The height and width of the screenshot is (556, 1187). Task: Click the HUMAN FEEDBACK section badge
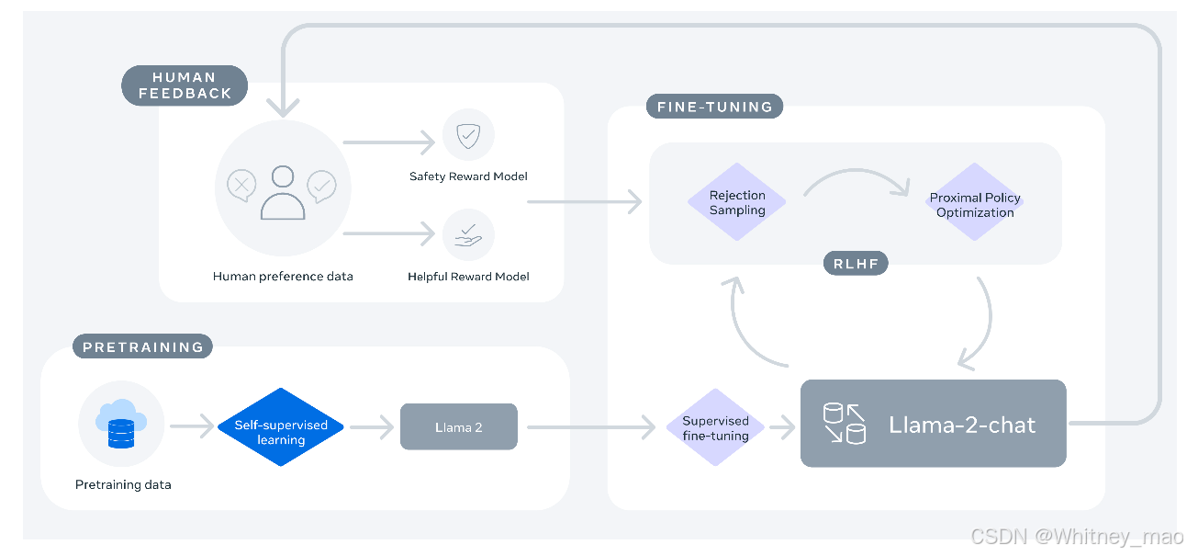coord(185,85)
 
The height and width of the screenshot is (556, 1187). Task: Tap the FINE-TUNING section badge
coord(715,107)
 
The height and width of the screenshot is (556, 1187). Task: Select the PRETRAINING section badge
coord(142,346)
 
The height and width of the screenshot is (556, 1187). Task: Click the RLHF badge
coord(856,263)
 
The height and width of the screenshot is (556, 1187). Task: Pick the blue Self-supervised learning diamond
coord(281,427)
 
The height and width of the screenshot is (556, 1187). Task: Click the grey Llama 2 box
coord(459,426)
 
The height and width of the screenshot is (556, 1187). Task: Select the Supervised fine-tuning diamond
coord(715,427)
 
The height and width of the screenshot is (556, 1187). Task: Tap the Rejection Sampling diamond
coord(737,202)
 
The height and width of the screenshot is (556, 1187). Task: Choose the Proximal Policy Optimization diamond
coord(975,202)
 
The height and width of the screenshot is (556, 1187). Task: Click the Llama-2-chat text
coord(962,425)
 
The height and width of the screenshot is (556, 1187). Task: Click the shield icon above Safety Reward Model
coord(468,136)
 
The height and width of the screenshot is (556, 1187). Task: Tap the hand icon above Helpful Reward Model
coord(468,235)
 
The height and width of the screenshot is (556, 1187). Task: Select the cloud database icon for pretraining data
coord(121,424)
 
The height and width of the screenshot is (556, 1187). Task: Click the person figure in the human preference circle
coord(283,193)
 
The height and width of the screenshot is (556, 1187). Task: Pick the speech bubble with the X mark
coord(241,186)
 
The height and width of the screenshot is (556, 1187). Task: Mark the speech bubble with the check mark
coord(321,187)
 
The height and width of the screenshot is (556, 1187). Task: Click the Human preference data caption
coord(283,277)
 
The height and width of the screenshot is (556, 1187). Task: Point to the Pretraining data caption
coord(123,484)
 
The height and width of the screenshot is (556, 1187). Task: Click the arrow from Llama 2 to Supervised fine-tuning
coord(591,427)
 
